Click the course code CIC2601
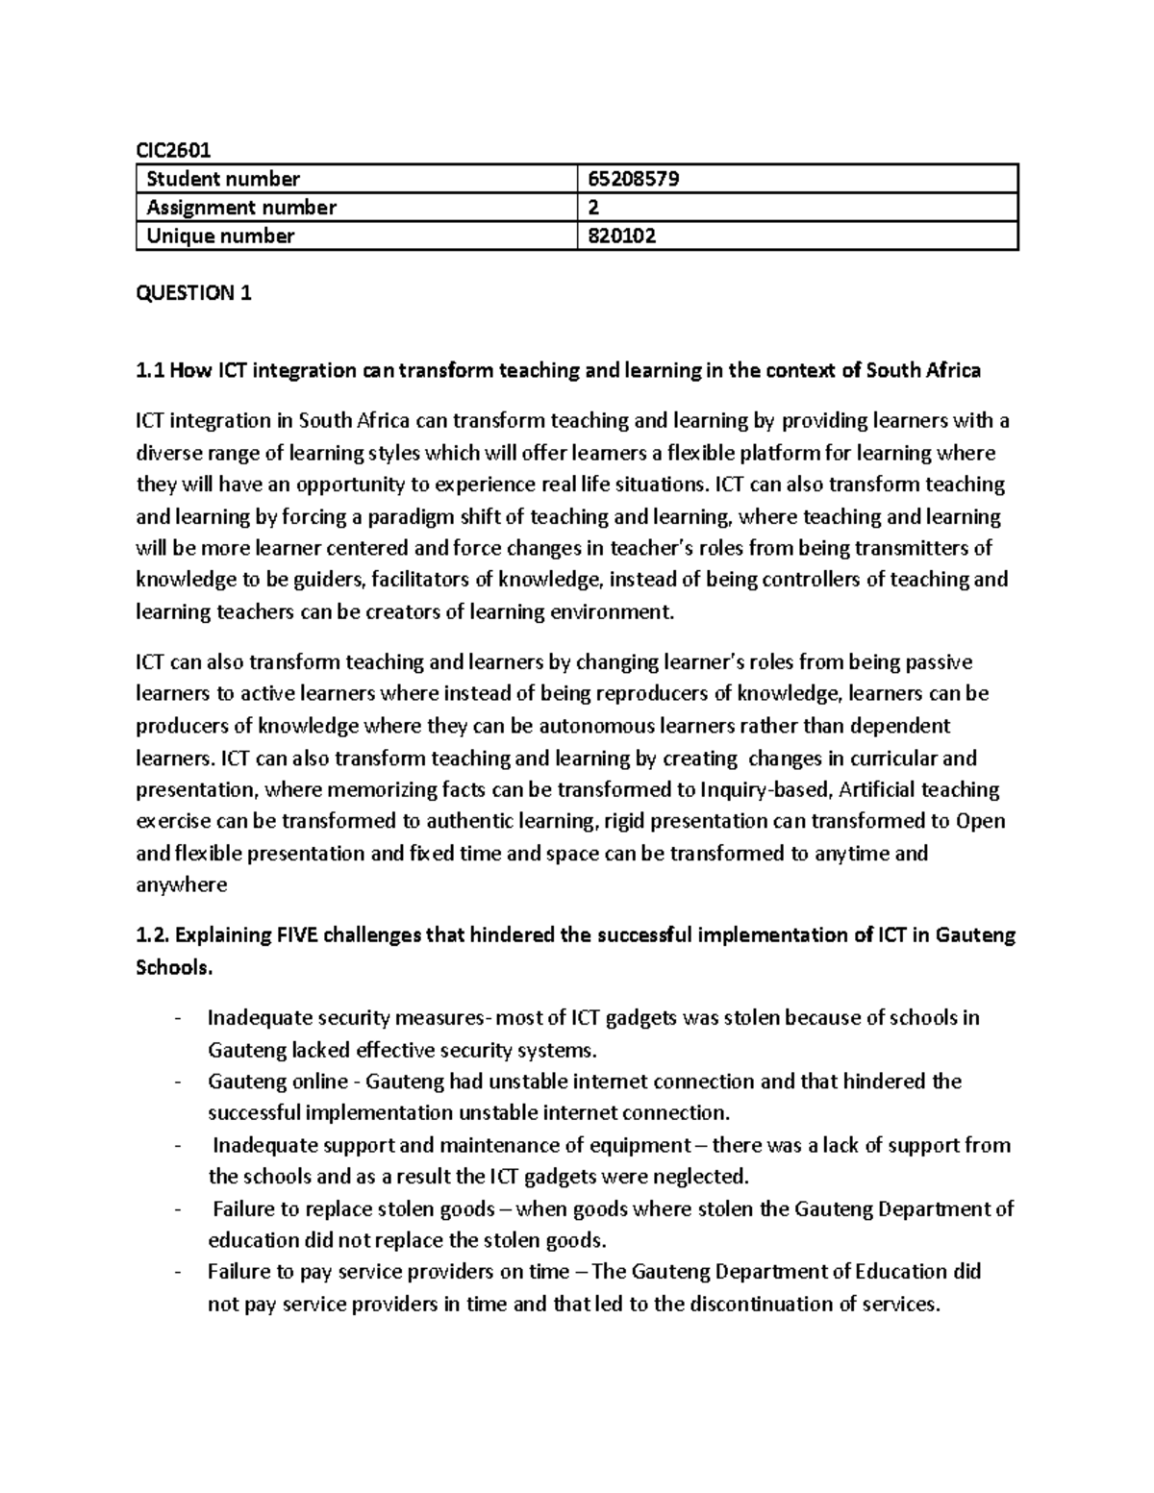click(x=172, y=149)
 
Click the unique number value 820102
click(x=621, y=236)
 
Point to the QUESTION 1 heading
click(x=193, y=293)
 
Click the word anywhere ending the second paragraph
click(x=182, y=885)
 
